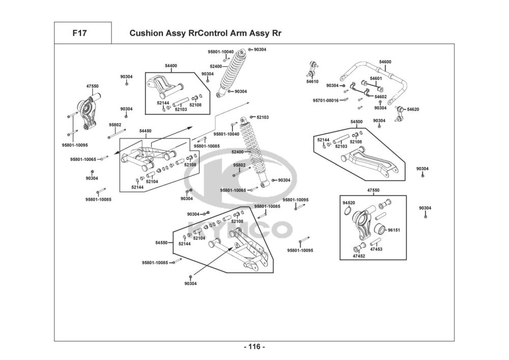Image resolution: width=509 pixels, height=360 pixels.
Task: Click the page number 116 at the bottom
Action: tap(254, 347)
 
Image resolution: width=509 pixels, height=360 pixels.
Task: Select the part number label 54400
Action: tap(171, 66)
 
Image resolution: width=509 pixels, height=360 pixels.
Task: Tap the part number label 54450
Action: tap(146, 131)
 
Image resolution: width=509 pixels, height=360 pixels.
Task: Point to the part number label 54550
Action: tap(161, 243)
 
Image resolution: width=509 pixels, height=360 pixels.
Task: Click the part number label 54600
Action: tap(385, 62)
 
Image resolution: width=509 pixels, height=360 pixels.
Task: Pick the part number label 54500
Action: tap(356, 122)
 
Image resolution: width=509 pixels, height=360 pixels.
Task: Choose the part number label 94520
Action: tap(349, 203)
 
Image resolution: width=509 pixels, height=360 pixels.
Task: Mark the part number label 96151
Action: tap(394, 230)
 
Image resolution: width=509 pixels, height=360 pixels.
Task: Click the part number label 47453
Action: tap(376, 250)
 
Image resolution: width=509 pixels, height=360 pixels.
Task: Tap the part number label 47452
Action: tap(359, 256)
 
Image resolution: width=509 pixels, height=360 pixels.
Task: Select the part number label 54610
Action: tap(313, 81)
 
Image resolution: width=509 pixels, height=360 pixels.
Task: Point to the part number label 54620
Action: tap(413, 109)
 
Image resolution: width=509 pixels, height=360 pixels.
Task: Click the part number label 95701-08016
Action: tap(326, 100)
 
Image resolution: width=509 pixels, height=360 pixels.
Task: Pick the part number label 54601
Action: tap(376, 78)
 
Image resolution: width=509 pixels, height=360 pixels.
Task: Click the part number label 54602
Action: tap(380, 96)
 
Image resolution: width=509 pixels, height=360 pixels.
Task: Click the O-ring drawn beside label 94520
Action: tap(347, 212)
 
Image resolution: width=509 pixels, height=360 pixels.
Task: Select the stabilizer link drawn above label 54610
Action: tap(314, 69)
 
